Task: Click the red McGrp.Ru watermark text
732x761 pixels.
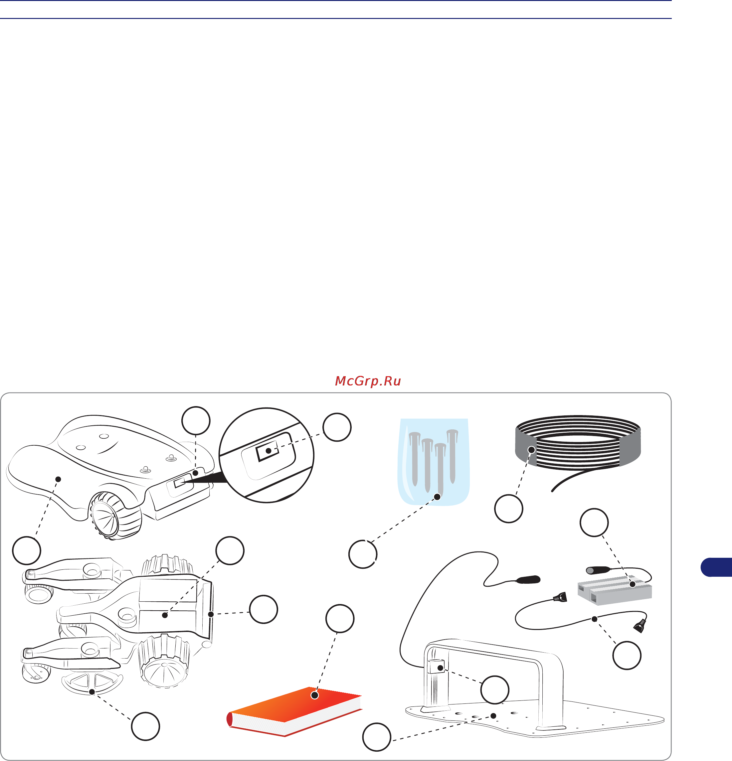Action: (368, 381)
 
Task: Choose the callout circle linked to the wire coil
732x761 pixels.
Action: (509, 509)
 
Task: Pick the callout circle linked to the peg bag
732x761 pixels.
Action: (363, 554)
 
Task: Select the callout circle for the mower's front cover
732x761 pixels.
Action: (26, 550)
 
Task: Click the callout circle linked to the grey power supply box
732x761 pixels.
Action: (594, 523)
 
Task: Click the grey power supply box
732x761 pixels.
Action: (614, 589)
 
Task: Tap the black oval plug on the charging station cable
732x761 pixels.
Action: (527, 579)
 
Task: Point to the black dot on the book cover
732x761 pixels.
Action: (315, 695)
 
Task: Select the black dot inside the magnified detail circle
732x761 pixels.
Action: (268, 451)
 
